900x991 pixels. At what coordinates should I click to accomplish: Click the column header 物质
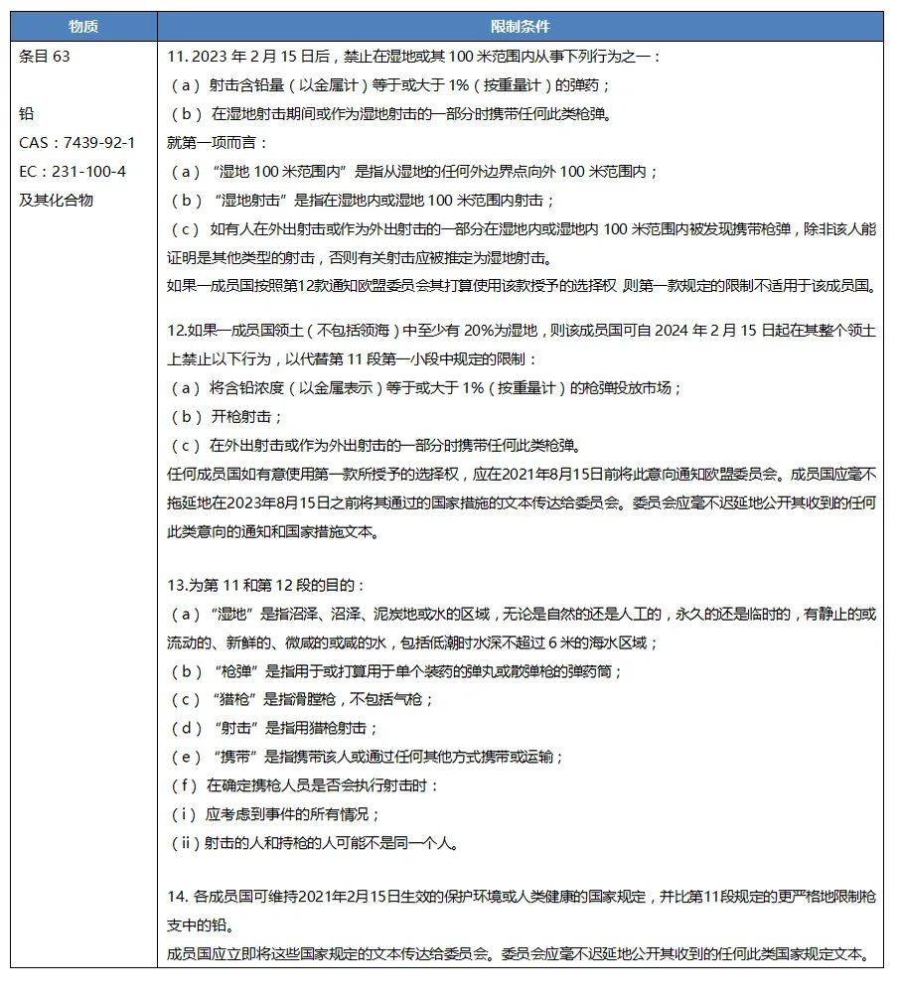pos(83,26)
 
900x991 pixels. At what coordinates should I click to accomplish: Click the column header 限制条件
pos(520,26)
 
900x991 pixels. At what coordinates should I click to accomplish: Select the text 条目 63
pos(45,57)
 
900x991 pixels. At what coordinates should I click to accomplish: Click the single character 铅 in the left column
pos(26,114)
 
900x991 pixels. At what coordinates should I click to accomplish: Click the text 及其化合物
pos(56,200)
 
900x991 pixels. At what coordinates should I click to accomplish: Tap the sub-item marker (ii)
pos(185,843)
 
